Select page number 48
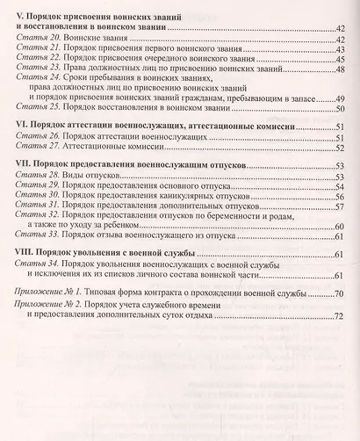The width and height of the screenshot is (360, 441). click(x=339, y=70)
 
